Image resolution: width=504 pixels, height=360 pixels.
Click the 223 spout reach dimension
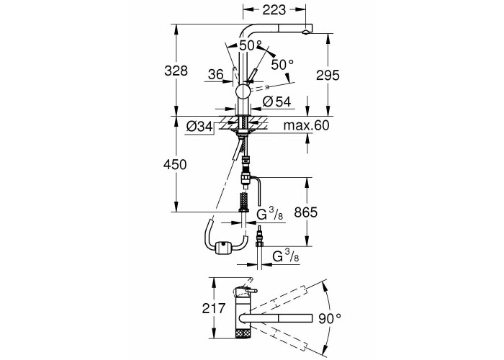(274, 10)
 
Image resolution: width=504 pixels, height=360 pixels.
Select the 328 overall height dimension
(176, 71)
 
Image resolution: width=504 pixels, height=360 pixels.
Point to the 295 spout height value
(328, 75)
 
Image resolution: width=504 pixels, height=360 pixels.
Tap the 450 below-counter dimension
(175, 165)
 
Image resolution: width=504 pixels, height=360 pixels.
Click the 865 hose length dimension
(306, 212)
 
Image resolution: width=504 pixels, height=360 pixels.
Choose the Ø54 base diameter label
(276, 102)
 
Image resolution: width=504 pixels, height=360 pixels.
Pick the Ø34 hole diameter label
(199, 127)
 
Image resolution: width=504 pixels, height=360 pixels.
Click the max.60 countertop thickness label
(306, 125)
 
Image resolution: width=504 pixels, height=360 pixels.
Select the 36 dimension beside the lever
(216, 74)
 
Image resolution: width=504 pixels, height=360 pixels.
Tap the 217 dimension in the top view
(214, 309)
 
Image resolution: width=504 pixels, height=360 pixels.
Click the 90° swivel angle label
(330, 318)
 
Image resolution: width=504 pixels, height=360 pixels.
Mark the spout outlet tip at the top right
(306, 32)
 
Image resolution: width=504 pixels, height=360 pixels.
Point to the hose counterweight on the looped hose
(222, 248)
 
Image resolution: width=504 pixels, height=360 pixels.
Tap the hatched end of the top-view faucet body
(243, 333)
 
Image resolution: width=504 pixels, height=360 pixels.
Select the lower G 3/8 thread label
(286, 256)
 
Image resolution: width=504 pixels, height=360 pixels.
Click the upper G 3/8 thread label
(270, 214)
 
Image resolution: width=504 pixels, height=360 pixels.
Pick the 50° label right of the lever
(282, 65)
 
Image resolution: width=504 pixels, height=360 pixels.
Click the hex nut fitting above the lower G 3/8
(260, 244)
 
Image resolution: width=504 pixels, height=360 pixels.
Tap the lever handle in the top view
(247, 290)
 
